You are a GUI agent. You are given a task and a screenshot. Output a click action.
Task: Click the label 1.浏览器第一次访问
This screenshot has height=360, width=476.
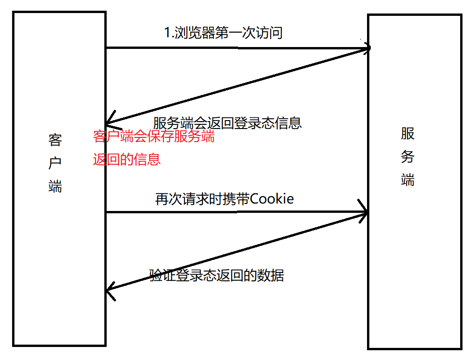point(224,33)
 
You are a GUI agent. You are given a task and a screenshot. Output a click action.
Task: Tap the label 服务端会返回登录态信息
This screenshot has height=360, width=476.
point(227,122)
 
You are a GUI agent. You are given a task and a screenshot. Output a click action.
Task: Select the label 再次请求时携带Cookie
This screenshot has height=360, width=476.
point(224,199)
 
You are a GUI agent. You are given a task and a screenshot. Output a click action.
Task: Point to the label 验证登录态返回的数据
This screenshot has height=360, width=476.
point(217,275)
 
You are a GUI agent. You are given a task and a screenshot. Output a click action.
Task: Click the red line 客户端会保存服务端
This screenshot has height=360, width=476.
point(154,137)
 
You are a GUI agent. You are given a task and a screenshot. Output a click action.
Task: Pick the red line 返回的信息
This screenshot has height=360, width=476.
point(127,159)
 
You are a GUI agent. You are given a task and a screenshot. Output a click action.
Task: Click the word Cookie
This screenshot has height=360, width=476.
point(272,199)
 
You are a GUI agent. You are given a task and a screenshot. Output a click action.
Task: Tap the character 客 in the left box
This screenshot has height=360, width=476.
point(55,140)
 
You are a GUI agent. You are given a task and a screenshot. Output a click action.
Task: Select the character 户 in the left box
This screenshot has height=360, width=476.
point(55,163)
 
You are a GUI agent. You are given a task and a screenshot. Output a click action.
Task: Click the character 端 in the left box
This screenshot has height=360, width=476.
point(55,186)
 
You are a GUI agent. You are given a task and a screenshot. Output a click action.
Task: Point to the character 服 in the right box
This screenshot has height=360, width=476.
point(408,134)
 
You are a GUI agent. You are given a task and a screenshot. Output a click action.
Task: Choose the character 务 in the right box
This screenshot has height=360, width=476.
point(408,157)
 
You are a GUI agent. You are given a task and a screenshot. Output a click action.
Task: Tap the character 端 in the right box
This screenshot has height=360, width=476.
point(408,180)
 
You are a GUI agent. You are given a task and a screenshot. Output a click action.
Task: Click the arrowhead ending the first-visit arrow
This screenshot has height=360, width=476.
point(367,48)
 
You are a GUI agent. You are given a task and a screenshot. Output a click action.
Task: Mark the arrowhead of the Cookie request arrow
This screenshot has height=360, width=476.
point(365,212)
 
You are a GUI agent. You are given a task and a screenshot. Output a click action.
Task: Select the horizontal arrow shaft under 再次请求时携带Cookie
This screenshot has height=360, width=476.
point(233,213)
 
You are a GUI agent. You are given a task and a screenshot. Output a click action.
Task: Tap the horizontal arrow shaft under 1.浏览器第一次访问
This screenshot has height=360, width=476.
point(233,48)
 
